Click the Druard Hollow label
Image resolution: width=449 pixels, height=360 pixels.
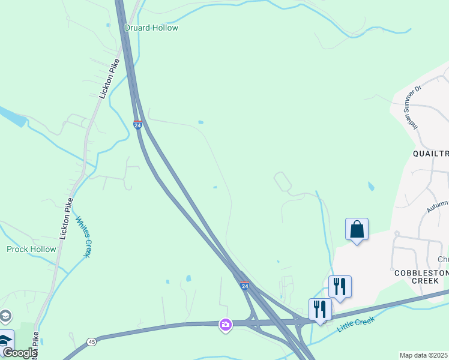[x=151, y=28]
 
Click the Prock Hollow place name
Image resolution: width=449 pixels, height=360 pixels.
[x=31, y=249]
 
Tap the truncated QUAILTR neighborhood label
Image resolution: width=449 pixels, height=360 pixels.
[x=430, y=154]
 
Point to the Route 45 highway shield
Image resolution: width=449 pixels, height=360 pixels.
[x=91, y=342]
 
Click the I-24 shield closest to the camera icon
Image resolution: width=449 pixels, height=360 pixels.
[x=245, y=286]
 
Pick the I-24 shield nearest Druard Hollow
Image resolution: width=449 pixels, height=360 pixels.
[x=138, y=125]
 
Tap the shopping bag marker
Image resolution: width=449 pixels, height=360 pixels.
[x=357, y=229]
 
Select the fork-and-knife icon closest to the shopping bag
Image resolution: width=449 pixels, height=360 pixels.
[x=340, y=287]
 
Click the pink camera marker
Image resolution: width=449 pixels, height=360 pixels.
[x=226, y=325]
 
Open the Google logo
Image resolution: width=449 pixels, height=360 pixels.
[x=19, y=353]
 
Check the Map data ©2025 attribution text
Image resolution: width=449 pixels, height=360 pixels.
[x=424, y=355]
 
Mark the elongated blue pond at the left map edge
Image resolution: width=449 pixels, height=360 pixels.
[x=12, y=118]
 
